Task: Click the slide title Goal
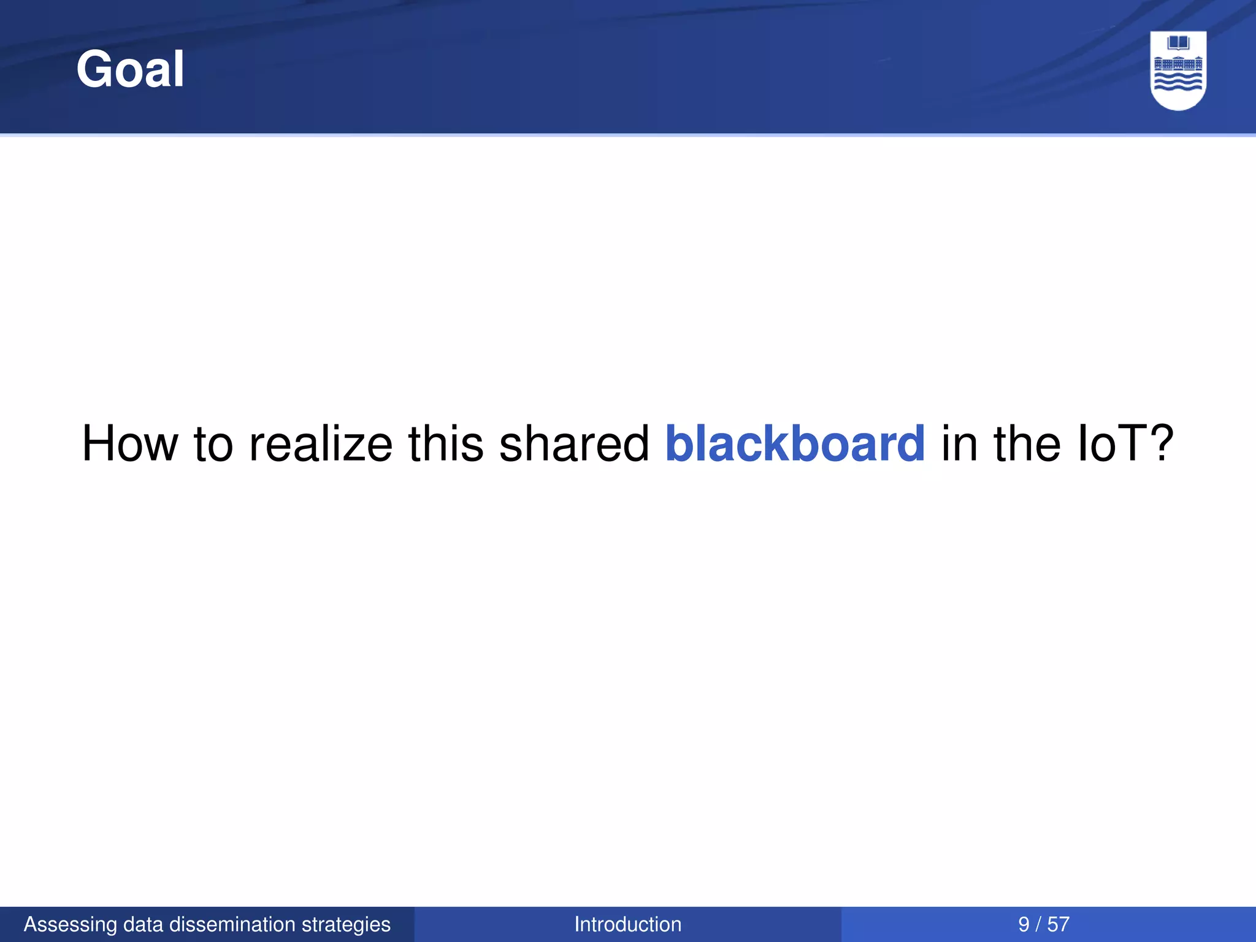pos(130,69)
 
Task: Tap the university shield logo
pos(1178,70)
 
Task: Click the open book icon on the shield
pos(1178,44)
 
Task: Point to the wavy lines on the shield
pos(1178,82)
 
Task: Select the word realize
pos(320,443)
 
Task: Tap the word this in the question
pos(446,443)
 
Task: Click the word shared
pos(574,443)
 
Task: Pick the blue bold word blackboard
pos(795,443)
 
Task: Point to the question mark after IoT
pos(1160,443)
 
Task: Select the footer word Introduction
pos(627,924)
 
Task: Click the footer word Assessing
pos(70,924)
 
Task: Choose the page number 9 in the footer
pos(1024,924)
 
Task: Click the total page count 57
pos(1058,924)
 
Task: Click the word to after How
pos(213,443)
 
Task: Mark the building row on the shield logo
pos(1178,64)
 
